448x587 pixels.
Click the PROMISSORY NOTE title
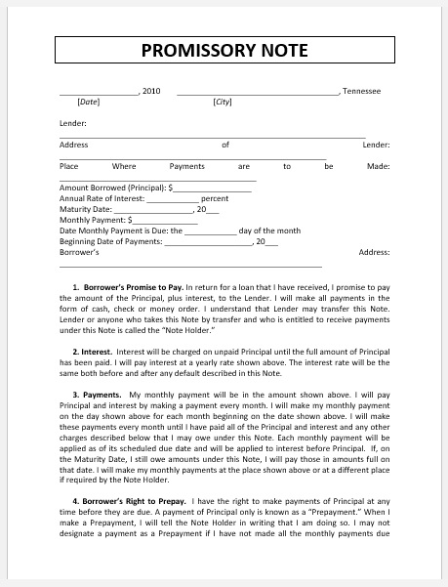[224, 50]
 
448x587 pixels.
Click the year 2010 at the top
[151, 91]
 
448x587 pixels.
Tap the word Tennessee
[361, 91]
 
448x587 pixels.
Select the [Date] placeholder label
[89, 102]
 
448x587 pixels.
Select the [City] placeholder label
[223, 102]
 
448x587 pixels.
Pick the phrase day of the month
[269, 231]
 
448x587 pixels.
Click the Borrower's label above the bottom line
[79, 252]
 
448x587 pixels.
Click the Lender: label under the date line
[73, 123]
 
